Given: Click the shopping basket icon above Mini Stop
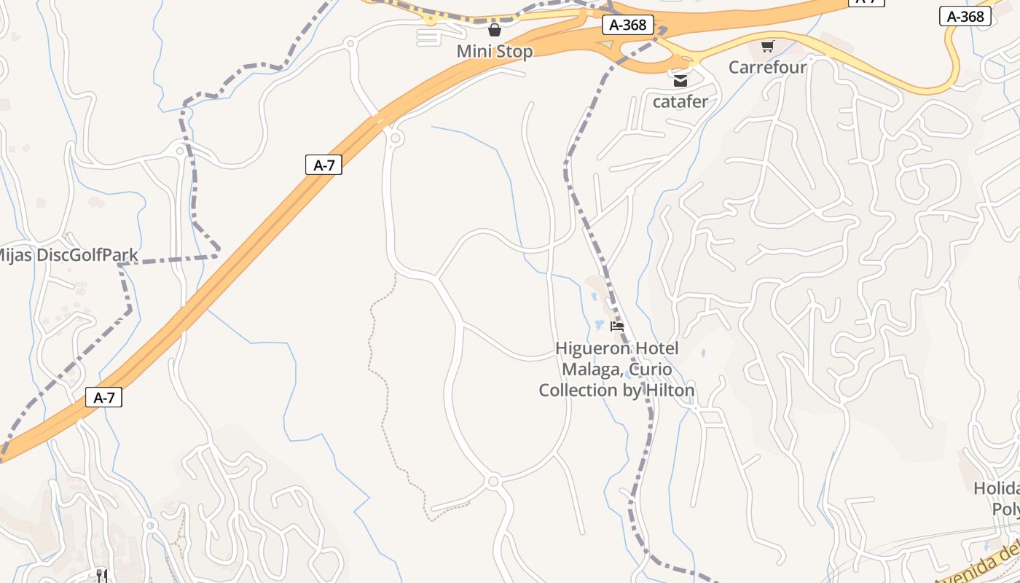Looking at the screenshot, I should pos(495,30).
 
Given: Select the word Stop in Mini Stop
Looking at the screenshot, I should pos(514,52).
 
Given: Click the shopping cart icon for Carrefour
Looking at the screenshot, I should pos(767,47).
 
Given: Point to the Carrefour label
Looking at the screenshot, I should pos(768,68).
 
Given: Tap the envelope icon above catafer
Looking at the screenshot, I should pos(680,81).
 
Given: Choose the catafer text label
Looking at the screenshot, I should pos(680,101).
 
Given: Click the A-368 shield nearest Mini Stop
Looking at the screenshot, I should pos(628,25).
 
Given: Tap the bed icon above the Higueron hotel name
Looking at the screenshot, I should pos(617,326).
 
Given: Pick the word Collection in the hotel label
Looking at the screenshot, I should pos(578,391).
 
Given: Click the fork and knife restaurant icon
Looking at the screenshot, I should pos(102,576).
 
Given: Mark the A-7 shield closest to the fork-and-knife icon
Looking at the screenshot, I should pos(103,398).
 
